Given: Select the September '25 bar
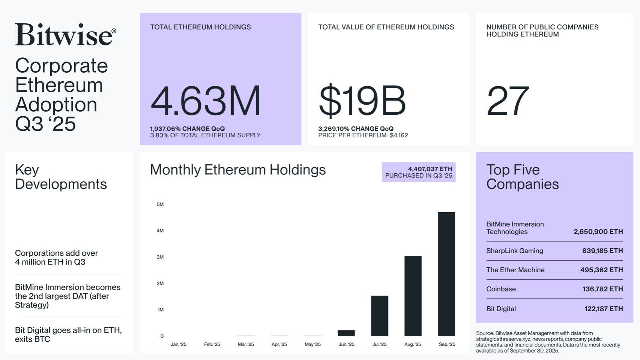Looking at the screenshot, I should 446,274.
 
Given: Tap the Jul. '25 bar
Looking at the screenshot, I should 379,316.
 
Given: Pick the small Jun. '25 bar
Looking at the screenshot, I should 346,333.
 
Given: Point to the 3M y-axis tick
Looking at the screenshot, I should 160,257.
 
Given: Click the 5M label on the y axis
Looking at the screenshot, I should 160,204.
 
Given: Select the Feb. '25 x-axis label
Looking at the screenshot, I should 212,344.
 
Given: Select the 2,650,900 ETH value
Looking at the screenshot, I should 598,232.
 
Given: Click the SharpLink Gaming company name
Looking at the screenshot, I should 514,251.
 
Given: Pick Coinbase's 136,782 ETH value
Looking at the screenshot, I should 602,289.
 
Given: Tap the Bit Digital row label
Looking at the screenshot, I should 501,309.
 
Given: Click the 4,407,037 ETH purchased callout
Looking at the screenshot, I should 419,172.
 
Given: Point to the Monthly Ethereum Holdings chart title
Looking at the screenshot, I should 238,170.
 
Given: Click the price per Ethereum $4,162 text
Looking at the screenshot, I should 363,135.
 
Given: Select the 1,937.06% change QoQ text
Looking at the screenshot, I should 187,129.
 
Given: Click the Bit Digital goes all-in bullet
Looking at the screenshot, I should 68,334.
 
